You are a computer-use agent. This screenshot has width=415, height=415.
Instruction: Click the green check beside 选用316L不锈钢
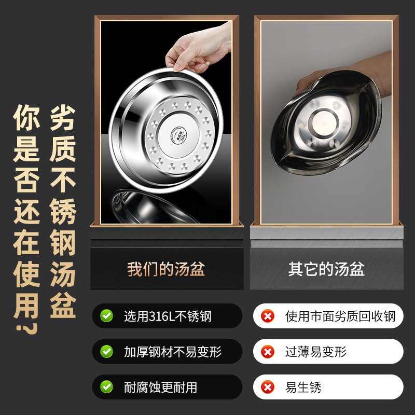click(x=107, y=316)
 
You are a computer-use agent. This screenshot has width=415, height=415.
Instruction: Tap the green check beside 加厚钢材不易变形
click(x=107, y=352)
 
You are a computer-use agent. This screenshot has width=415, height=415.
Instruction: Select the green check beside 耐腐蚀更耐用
click(x=107, y=387)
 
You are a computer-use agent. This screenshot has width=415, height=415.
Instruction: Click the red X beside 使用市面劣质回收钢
click(x=268, y=316)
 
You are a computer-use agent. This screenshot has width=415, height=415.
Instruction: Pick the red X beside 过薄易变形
click(x=268, y=352)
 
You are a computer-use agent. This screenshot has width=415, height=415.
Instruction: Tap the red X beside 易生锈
click(x=268, y=387)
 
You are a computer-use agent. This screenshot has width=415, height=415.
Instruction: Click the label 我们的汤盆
click(x=166, y=269)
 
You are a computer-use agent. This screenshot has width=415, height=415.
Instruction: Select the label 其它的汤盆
click(x=327, y=269)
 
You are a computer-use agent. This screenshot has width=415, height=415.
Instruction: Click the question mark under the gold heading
click(x=27, y=328)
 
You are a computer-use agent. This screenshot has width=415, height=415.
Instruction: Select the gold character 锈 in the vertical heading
click(x=63, y=211)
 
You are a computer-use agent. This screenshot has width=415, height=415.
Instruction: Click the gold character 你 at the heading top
click(x=26, y=117)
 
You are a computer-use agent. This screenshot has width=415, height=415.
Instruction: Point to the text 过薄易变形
click(x=316, y=352)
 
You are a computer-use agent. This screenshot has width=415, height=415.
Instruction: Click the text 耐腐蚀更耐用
click(x=161, y=387)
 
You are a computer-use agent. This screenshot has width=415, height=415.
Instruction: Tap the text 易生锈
click(x=303, y=387)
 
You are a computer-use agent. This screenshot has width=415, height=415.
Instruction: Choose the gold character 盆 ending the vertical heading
click(x=63, y=305)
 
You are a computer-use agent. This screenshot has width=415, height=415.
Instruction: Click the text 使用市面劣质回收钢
click(x=340, y=316)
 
